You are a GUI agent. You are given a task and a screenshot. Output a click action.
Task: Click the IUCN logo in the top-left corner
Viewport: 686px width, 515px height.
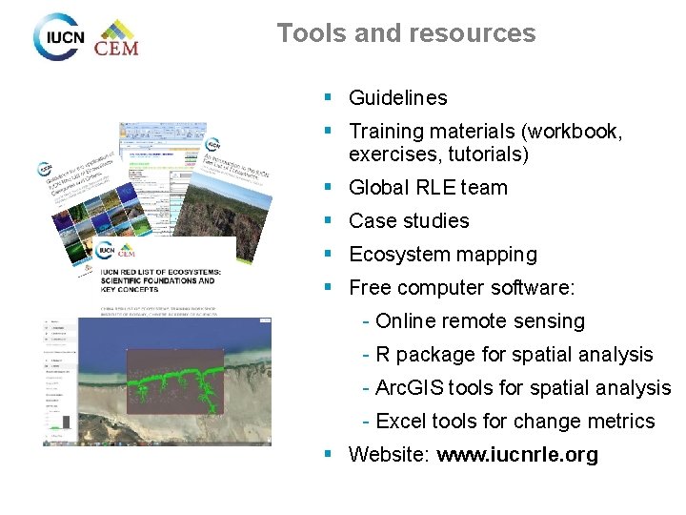(59, 37)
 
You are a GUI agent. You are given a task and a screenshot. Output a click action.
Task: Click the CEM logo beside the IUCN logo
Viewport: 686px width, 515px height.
(117, 39)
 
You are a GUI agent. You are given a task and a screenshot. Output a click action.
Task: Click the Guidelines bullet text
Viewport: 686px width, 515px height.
(397, 97)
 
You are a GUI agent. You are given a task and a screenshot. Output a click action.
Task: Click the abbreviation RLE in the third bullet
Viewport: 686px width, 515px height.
(436, 188)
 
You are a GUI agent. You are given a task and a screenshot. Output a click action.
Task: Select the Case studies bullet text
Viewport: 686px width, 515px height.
(409, 221)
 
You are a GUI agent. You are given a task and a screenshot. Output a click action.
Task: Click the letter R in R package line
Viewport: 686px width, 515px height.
(382, 355)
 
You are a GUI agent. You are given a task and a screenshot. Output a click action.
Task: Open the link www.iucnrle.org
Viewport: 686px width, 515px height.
(517, 455)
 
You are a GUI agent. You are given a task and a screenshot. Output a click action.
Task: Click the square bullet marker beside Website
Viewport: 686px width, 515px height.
(327, 454)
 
